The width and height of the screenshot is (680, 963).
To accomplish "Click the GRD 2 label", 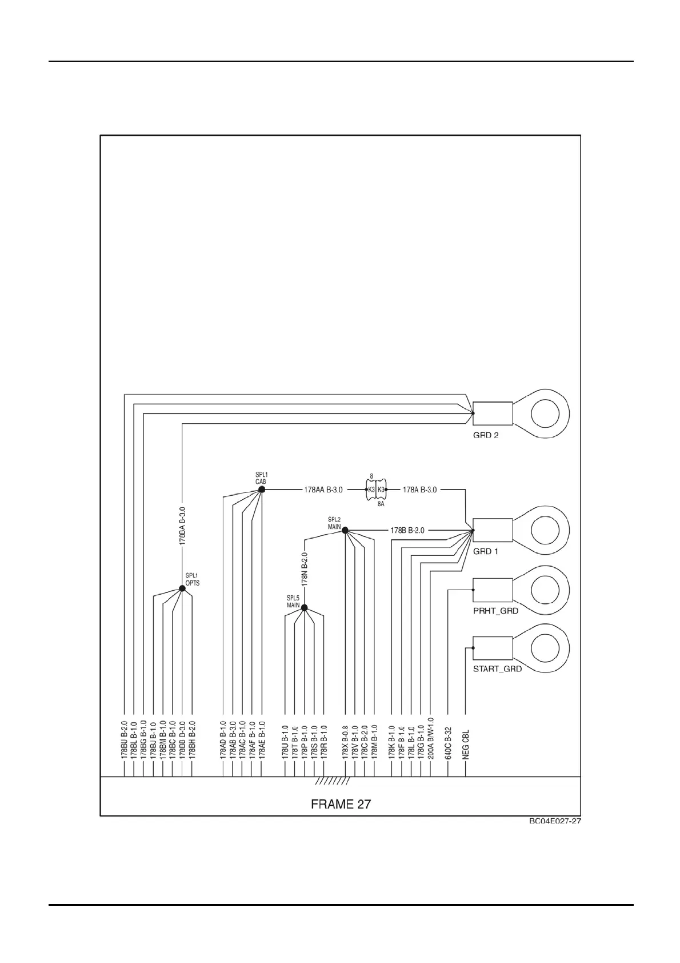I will point(485,435).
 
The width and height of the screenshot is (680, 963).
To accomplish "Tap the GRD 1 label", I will point(485,552).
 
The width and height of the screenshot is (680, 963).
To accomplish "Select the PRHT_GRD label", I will point(495,611).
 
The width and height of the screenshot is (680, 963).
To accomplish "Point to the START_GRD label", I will point(497,669).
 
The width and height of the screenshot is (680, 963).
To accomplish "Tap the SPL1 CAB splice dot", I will point(262,490).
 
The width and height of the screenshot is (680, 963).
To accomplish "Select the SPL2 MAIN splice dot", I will point(345,531).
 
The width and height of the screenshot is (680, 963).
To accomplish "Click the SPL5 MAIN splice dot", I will point(304,608).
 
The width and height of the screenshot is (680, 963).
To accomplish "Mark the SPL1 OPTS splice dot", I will point(182,588).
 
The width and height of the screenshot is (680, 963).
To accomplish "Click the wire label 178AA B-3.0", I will point(323,490).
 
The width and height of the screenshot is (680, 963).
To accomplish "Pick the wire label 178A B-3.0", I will point(419,490).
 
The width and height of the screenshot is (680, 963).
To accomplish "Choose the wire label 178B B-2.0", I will point(407,531).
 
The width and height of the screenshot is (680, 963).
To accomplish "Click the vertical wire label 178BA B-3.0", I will point(182,525).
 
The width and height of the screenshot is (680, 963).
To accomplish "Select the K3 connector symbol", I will point(376,490).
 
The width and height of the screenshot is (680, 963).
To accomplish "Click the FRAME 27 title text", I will point(341,804).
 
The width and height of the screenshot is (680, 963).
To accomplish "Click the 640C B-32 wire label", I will point(448,743).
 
